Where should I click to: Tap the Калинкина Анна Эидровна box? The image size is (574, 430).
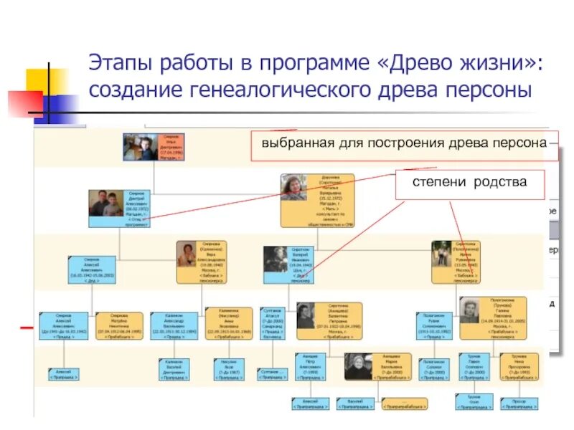[229, 324]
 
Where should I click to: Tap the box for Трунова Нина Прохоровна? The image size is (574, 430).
[519, 366]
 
